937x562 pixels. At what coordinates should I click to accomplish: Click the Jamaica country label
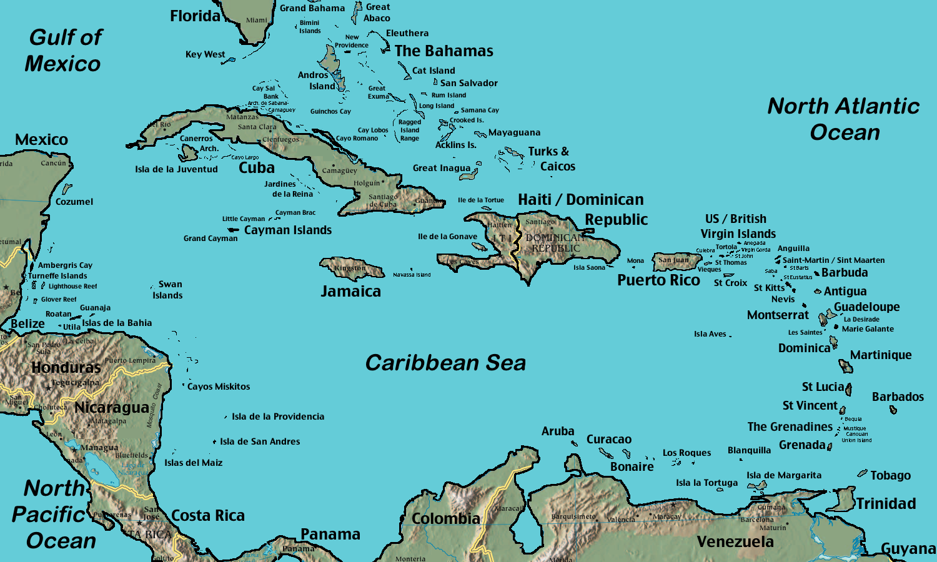pos(350,292)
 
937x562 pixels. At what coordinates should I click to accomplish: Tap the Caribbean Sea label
pos(445,363)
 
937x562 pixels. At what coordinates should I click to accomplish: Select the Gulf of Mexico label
pos(64,51)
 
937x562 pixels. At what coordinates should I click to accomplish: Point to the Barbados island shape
pos(893,410)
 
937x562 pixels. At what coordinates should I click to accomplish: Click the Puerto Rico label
pos(658,280)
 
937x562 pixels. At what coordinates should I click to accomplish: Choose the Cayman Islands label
pos(288,230)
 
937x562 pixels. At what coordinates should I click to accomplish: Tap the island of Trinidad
pos(843,500)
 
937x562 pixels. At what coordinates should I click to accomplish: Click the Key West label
pos(205,54)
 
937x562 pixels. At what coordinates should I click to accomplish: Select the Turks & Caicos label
pos(551,159)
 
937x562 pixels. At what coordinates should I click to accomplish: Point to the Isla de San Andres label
pos(260,441)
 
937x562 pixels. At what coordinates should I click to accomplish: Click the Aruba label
pos(558,431)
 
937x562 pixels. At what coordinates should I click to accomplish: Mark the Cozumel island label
pos(74,202)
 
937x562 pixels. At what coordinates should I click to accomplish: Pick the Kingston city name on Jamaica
pos(350,269)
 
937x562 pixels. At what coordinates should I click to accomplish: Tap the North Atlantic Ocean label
pos(843,119)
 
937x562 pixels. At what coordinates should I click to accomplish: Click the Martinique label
pos(881,355)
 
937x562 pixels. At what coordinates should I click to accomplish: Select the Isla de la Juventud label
pos(176,169)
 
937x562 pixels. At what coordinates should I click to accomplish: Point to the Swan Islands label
pos(168,290)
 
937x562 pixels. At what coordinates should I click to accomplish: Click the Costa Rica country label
pos(208,516)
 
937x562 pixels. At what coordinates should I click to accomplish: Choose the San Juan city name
pos(673,260)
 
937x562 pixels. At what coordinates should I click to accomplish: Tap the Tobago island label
pos(890,476)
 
